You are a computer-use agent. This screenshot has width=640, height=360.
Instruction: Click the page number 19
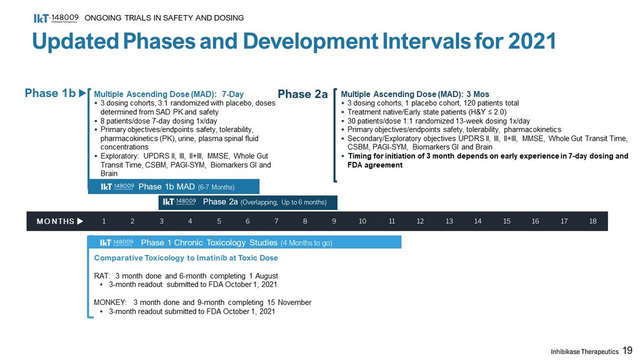(627, 350)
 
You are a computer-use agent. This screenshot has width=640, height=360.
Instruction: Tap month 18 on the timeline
(592, 221)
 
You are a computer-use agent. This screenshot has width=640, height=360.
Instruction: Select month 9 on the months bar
(334, 221)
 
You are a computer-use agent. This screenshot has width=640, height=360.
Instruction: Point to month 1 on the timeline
(104, 221)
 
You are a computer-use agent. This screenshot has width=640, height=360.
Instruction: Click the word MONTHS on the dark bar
(56, 221)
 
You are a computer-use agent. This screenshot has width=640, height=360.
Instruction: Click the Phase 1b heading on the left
(50, 93)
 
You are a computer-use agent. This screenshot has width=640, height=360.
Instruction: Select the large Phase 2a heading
(302, 94)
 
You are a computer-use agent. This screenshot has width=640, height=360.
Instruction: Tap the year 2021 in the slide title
(532, 41)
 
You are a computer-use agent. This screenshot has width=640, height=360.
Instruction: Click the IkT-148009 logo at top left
(56, 18)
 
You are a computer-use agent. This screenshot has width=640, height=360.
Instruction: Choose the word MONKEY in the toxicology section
(110, 302)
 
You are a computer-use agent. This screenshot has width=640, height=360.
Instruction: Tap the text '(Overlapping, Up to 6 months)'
(284, 202)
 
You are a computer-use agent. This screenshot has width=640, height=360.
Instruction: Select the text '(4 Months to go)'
(306, 243)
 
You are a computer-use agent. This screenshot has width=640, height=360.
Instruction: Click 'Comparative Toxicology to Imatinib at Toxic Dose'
(186, 258)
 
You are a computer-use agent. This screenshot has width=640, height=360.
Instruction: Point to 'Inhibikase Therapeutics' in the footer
(584, 352)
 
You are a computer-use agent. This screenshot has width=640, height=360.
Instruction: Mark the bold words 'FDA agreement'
(375, 165)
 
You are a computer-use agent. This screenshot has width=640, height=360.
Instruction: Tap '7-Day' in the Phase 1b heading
(232, 94)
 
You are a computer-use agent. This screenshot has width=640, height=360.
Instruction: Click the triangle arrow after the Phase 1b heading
(82, 93)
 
